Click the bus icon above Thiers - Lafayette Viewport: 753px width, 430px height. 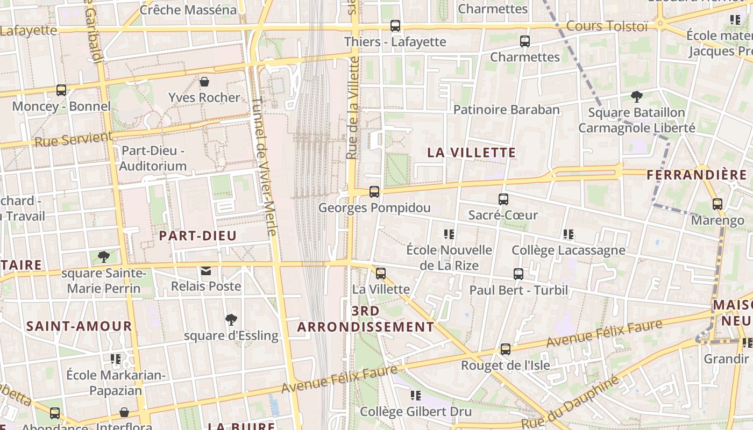[395, 25]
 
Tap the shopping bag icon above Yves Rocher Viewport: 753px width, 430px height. [204, 82]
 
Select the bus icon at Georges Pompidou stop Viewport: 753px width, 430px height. [374, 192]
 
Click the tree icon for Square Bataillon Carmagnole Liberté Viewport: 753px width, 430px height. [637, 97]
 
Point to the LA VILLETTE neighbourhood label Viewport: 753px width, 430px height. [472, 153]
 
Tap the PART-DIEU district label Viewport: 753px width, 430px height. [198, 235]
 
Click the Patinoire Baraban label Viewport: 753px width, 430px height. [507, 110]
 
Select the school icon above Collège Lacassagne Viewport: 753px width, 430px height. [569, 234]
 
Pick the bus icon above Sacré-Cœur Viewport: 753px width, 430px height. [503, 199]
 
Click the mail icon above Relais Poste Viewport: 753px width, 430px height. [206, 270]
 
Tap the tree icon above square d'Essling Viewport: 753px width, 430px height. [231, 320]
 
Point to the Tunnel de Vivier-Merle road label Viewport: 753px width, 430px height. [264, 166]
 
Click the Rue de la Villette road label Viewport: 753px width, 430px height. [353, 107]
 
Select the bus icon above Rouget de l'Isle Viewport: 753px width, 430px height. [506, 349]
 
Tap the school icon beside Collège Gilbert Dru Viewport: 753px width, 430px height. [416, 396]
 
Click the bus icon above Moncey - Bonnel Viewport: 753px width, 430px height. [61, 90]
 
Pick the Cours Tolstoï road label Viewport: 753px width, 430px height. [607, 26]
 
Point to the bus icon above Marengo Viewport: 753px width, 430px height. [718, 204]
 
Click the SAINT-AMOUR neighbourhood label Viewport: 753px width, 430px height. [79, 326]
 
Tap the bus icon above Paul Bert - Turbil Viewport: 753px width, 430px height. [518, 274]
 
